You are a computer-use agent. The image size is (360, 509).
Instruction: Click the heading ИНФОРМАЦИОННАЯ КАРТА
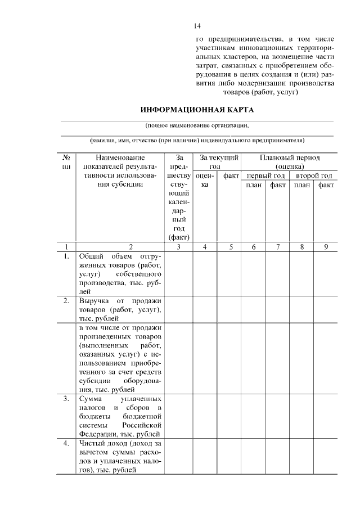197,109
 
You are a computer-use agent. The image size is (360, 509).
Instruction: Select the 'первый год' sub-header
265,175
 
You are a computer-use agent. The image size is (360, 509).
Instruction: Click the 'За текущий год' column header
218,163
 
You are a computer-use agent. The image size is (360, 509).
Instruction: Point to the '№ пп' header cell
66,163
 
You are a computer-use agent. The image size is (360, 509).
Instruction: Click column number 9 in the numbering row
326,246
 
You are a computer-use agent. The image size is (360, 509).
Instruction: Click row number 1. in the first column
66,256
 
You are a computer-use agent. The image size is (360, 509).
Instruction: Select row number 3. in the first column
66,398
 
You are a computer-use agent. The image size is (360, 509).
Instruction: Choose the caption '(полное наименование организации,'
196,125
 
